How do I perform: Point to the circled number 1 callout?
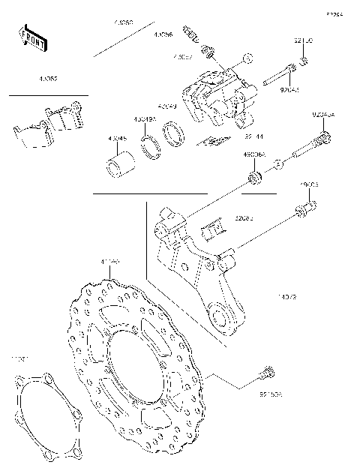coord(248,57)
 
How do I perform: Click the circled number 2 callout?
coord(277,163)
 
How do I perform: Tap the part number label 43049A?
coord(145,119)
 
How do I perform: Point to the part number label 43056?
coord(163,35)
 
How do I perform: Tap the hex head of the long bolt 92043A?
coord(323,138)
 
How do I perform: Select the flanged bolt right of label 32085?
coord(306,210)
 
